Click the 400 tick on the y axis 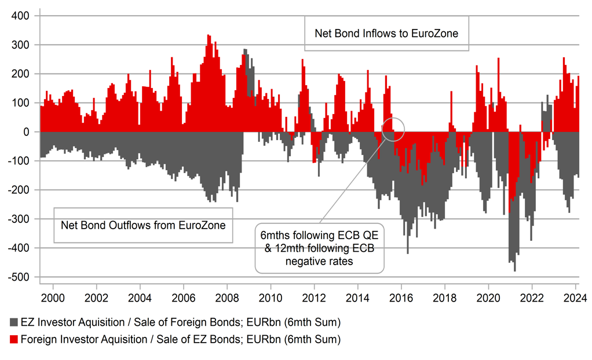pos(21,16)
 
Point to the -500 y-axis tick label pos(20,277)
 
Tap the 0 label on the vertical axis pos(27,132)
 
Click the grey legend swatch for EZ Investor pos(13,322)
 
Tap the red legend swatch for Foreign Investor pos(13,340)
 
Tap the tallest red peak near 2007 pos(209,36)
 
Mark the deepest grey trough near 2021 pos(514,270)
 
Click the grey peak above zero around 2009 pos(246,50)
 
